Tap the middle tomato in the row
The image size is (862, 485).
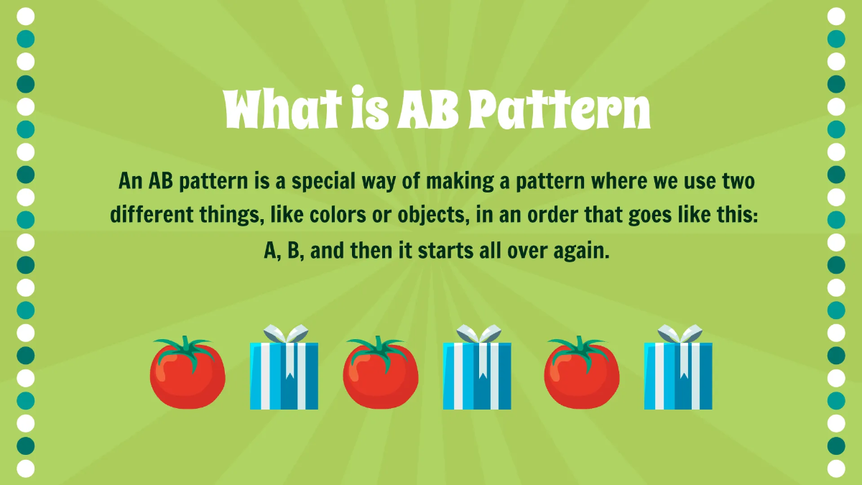click(380, 375)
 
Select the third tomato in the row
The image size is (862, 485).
click(581, 375)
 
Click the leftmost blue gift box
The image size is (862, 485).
click(284, 375)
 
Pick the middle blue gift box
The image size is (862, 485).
click(477, 375)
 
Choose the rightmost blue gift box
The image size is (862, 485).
click(678, 375)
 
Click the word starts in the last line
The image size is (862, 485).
click(438, 251)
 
